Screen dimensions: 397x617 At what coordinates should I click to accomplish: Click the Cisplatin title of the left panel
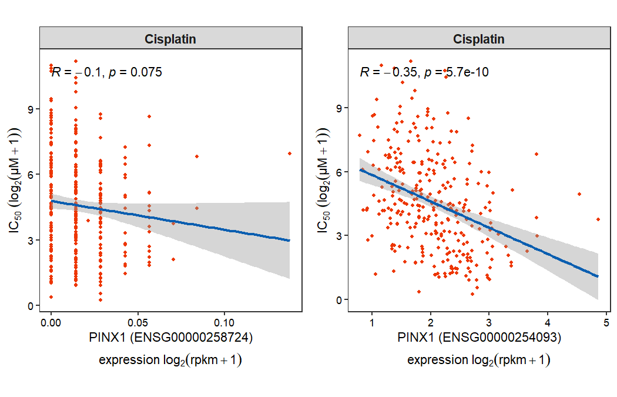pyautogui.click(x=170, y=39)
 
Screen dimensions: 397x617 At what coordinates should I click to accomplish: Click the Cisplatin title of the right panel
pyautogui.click(x=479, y=39)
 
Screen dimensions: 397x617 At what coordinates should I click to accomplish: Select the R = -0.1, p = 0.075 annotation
pyautogui.click(x=106, y=72)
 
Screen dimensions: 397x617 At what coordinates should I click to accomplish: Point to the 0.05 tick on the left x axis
pyautogui.click(x=138, y=323)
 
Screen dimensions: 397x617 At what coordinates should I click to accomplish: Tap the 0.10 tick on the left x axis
pyautogui.click(x=224, y=323)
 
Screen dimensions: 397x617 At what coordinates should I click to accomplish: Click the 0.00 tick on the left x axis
pyautogui.click(x=51, y=323)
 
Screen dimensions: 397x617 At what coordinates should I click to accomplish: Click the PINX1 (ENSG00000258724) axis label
pyautogui.click(x=170, y=338)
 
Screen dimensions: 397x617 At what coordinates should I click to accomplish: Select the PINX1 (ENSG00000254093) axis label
pyautogui.click(x=479, y=338)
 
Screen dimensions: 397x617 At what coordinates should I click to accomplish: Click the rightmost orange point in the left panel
pyautogui.click(x=290, y=154)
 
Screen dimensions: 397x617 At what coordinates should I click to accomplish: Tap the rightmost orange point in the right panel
pyautogui.click(x=598, y=219)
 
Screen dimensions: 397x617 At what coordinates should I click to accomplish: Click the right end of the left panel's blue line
pyautogui.click(x=290, y=241)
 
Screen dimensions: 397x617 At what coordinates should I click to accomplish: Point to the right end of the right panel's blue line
pyautogui.click(x=598, y=276)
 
